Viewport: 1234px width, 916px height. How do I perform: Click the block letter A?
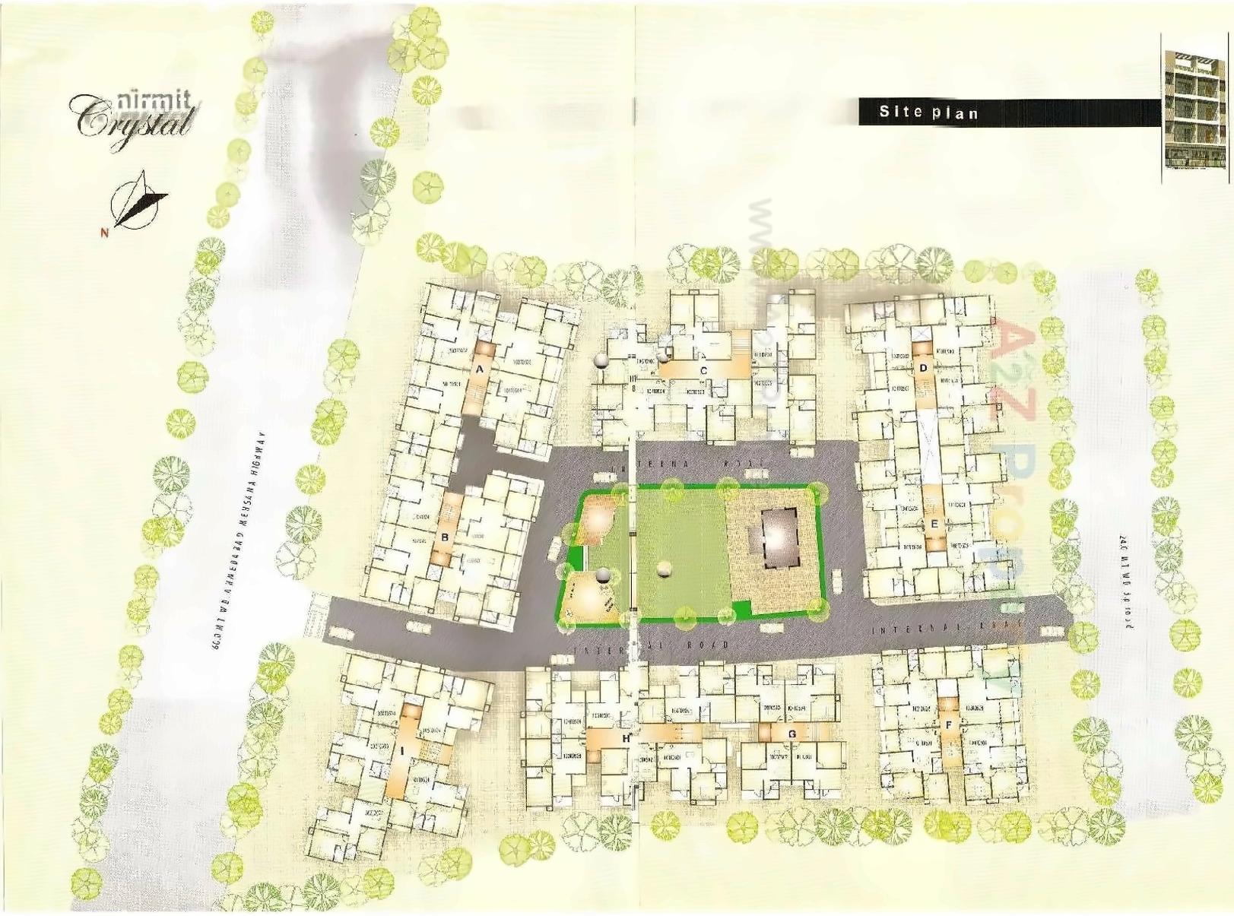click(x=479, y=369)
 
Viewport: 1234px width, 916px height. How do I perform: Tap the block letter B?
click(x=446, y=536)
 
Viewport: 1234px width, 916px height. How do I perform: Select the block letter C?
click(x=703, y=370)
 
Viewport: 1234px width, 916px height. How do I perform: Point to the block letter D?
click(x=923, y=368)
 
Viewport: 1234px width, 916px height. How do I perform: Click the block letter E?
click(x=934, y=524)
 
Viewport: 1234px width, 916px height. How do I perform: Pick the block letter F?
click(x=948, y=725)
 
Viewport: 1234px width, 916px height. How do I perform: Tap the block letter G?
click(x=792, y=734)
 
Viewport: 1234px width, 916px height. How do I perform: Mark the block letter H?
click(x=626, y=737)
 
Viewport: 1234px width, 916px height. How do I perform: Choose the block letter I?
click(x=401, y=750)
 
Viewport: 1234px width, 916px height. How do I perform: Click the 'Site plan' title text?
click(x=928, y=112)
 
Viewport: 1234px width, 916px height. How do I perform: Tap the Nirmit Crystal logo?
click(x=133, y=117)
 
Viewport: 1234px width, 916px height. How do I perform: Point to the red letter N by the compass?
click(x=104, y=233)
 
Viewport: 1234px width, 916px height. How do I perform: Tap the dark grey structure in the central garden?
click(x=779, y=537)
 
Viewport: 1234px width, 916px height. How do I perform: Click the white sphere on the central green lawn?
click(x=665, y=568)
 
